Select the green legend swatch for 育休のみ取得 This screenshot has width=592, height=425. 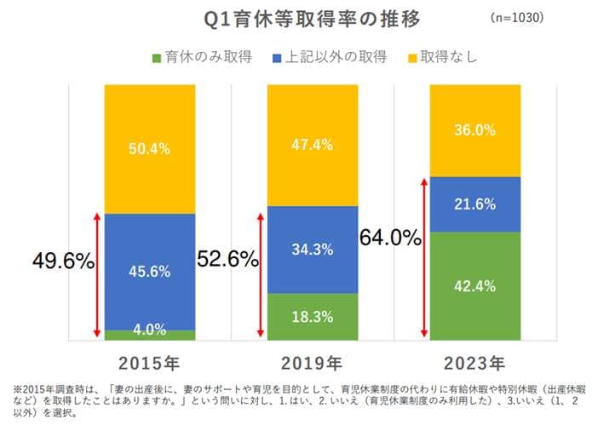(157, 58)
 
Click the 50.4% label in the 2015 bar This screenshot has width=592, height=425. (149, 148)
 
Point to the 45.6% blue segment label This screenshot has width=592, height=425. (149, 272)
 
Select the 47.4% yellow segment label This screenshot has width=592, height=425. (312, 144)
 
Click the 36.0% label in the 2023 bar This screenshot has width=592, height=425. (474, 130)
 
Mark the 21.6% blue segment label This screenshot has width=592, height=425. (474, 204)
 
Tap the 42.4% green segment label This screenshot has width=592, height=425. (474, 285)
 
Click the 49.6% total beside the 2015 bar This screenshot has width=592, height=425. (62, 261)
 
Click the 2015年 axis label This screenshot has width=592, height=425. (150, 363)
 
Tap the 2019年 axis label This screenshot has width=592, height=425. (312, 363)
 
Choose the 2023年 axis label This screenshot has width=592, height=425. (474, 363)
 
